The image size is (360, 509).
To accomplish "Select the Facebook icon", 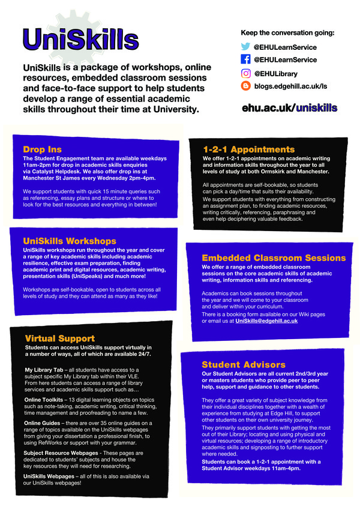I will coord(245,60).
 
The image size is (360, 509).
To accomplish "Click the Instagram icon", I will coord(245,73).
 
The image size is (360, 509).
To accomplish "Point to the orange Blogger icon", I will coord(245,86).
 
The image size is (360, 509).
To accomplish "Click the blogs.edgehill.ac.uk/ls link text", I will coord(290,86).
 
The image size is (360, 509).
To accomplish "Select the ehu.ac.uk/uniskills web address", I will coord(289,107).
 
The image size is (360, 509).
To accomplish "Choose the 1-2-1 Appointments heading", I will coord(249,149).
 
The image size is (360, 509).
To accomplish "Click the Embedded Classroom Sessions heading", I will coord(274,258).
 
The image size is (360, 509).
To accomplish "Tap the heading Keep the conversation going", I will coord(287,32).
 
